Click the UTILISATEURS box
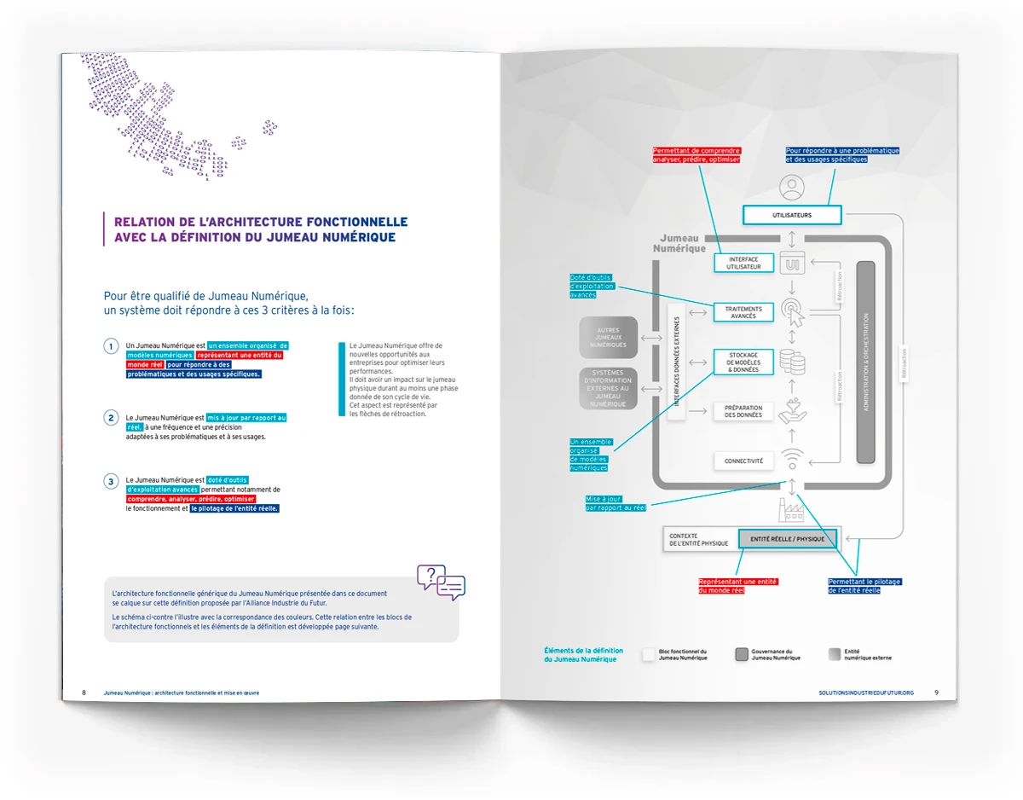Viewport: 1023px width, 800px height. point(792,215)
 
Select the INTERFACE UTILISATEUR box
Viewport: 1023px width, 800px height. point(743,263)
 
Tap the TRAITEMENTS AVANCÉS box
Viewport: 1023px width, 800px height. point(743,312)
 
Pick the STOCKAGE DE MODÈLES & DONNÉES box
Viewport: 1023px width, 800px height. point(743,362)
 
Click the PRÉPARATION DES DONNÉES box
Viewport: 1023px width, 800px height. point(743,412)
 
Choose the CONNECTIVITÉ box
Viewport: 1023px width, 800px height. point(743,461)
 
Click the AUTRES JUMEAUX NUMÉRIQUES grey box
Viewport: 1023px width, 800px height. point(608,338)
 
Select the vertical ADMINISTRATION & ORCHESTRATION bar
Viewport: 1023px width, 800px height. point(865,362)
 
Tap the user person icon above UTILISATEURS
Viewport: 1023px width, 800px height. point(793,186)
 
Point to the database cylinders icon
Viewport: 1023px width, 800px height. point(794,362)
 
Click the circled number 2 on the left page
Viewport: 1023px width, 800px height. point(111,418)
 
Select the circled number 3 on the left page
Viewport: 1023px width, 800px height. point(111,482)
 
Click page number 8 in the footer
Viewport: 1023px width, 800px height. point(84,693)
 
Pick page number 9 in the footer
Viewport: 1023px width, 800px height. point(936,693)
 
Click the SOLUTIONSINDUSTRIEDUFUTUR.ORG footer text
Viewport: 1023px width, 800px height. point(865,693)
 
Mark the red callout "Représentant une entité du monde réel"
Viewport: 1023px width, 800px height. point(726,586)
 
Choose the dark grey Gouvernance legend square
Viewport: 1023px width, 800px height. point(742,654)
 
